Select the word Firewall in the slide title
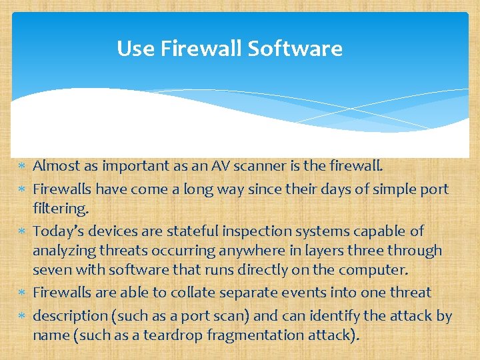pos(201,49)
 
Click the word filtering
pos(60,209)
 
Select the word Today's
pos(58,231)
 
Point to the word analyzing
pos(65,251)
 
